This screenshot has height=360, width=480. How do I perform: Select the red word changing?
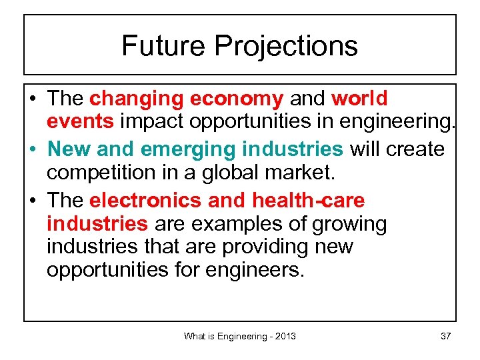tap(137, 99)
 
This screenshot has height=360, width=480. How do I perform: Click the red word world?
tap(359, 99)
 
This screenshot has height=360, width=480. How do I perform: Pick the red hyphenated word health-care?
tap(309, 199)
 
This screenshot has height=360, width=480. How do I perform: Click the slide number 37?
tap(445, 336)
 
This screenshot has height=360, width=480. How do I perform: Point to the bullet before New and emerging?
tap(34, 149)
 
